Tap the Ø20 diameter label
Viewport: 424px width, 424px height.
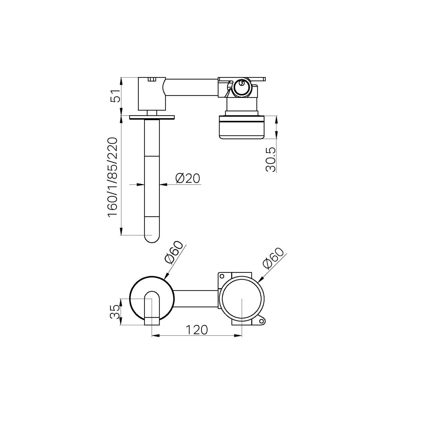187,178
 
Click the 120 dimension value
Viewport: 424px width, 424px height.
196,330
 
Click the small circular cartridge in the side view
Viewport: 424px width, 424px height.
242,87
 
